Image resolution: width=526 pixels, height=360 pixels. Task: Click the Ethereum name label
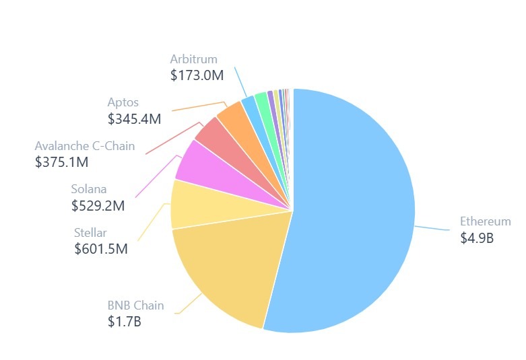coord(485,221)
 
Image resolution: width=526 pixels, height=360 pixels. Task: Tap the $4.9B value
coord(477,238)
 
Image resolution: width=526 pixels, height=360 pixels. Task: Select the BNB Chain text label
coord(135,305)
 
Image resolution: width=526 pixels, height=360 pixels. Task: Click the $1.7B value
coord(124,322)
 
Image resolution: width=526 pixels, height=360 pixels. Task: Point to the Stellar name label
coord(90,233)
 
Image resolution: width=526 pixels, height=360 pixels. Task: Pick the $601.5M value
coord(101,249)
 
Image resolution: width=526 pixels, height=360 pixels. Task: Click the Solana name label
coord(89,189)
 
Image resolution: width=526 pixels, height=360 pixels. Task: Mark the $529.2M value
coord(98,206)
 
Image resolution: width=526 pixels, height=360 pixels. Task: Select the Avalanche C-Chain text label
coord(85,146)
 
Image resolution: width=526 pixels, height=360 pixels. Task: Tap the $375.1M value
coord(62,162)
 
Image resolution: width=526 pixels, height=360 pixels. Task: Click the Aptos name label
coord(123,103)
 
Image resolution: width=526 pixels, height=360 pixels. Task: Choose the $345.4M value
coord(134,119)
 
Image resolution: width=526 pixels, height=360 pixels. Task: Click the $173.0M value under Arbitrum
coord(197,75)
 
